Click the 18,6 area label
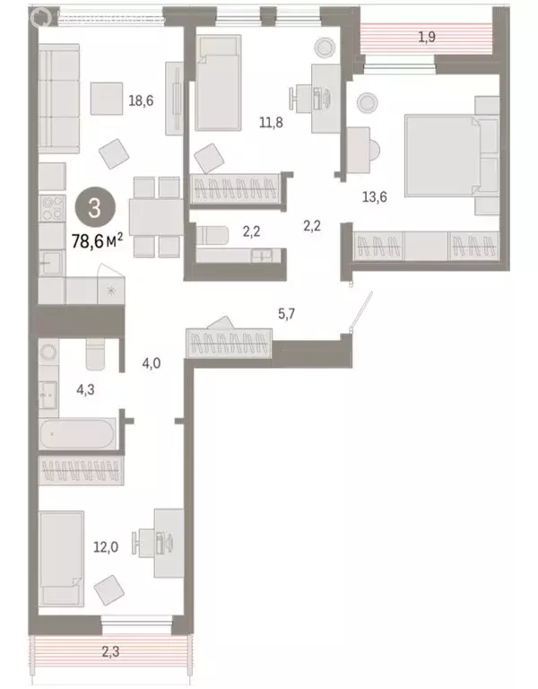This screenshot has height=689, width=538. pyautogui.click(x=142, y=100)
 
